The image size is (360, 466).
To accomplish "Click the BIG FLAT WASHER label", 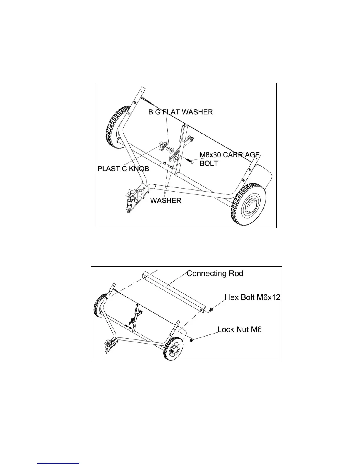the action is point(180,112).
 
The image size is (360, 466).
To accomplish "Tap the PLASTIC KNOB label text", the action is point(123,169).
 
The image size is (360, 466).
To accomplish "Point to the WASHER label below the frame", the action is point(166,200).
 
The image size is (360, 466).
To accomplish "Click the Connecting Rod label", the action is point(215,274).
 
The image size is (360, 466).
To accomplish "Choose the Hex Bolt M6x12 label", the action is point(252,297).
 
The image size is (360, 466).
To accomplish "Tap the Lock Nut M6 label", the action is point(239,329).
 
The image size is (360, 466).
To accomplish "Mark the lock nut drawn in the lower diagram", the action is point(191,340).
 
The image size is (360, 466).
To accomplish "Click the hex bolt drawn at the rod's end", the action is point(211,309).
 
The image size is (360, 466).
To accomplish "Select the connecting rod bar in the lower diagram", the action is point(174,291).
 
